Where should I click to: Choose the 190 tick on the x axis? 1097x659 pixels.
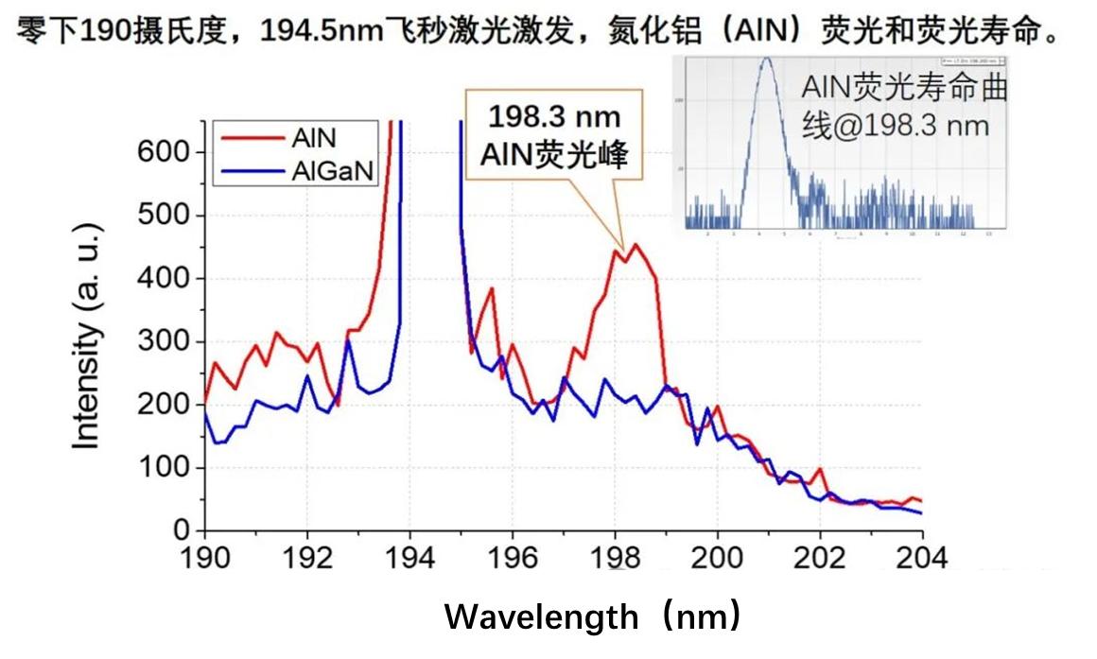click(205, 559)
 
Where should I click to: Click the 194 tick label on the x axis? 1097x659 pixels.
click(409, 559)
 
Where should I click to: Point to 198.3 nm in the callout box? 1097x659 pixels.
click(554, 117)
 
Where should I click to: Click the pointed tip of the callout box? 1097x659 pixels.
click(621, 245)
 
